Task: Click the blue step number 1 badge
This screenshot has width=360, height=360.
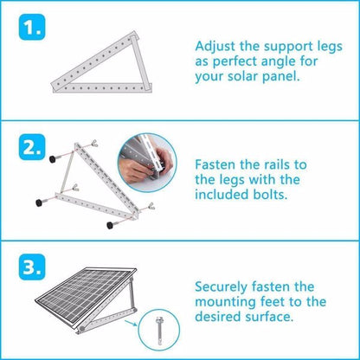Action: pos(32,27)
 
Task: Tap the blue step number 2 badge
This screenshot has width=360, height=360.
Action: pos(32,147)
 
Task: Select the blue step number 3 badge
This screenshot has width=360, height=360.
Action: pos(32,267)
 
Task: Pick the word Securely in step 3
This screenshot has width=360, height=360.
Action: pos(222,287)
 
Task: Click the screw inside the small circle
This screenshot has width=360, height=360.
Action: pos(159,331)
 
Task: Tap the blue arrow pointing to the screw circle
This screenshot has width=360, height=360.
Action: pos(131,323)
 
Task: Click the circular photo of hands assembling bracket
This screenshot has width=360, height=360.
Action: pos(147,163)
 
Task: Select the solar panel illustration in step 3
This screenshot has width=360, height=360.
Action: pos(85,296)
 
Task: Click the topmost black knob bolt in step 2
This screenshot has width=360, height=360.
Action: pos(53,158)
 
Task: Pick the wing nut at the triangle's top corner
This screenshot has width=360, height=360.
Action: pos(93,143)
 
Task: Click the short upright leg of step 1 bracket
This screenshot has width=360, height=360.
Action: pos(140,63)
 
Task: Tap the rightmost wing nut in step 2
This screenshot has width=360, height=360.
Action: pos(151,206)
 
